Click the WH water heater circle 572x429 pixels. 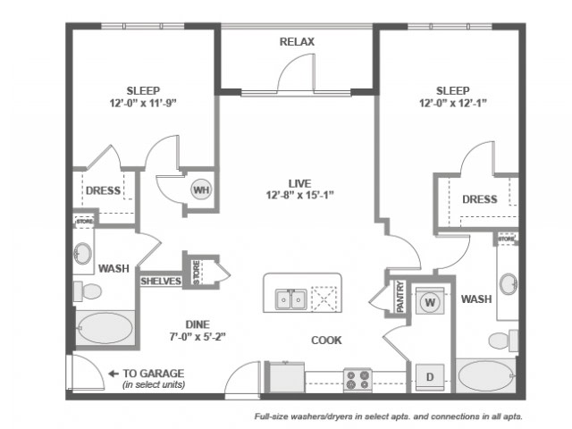click(201, 189)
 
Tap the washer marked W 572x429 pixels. click(430, 301)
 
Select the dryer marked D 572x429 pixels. click(430, 377)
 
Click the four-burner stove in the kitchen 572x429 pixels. click(357, 380)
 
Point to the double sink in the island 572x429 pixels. click(291, 299)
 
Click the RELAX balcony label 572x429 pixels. click(297, 42)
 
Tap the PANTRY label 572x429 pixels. click(400, 296)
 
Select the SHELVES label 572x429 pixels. click(161, 281)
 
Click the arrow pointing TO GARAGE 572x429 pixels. click(114, 374)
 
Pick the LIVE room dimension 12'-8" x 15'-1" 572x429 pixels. click(300, 195)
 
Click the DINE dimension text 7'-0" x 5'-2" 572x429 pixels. click(198, 336)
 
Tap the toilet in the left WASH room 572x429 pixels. click(88, 291)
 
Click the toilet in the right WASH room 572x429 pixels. click(503, 341)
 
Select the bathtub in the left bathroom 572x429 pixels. click(105, 328)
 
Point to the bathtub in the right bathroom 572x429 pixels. click(486, 376)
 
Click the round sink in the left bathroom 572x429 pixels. click(83, 253)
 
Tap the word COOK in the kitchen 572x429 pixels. click(326, 341)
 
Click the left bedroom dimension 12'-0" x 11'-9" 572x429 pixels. click(143, 104)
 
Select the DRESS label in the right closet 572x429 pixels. click(480, 199)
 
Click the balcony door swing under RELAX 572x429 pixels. click(296, 73)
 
